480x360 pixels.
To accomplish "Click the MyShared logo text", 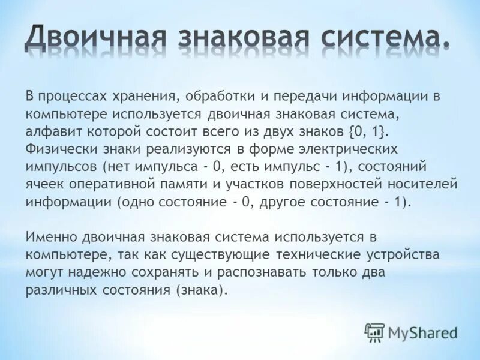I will point(422,332).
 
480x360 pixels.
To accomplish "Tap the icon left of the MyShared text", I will point(374,332).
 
